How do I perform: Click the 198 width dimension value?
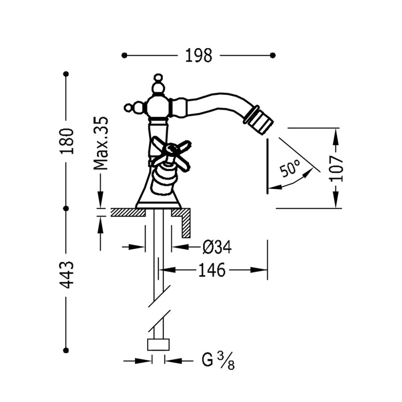click(198, 55)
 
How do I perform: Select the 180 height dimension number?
click(67, 141)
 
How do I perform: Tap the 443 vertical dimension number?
click(67, 275)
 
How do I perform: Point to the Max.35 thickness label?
click(101, 143)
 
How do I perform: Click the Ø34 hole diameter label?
click(217, 247)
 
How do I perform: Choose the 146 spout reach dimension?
click(212, 270)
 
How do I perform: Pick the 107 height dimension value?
click(336, 168)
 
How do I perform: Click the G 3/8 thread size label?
click(218, 360)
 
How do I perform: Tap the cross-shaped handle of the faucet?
click(170, 154)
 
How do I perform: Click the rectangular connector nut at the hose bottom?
click(158, 345)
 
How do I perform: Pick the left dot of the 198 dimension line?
click(124, 55)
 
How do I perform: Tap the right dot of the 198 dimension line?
click(273, 55)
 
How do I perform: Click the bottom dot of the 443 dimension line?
click(66, 350)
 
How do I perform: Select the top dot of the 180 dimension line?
click(66, 74)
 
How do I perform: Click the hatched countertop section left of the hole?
click(128, 212)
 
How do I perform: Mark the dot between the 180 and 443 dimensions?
click(66, 209)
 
